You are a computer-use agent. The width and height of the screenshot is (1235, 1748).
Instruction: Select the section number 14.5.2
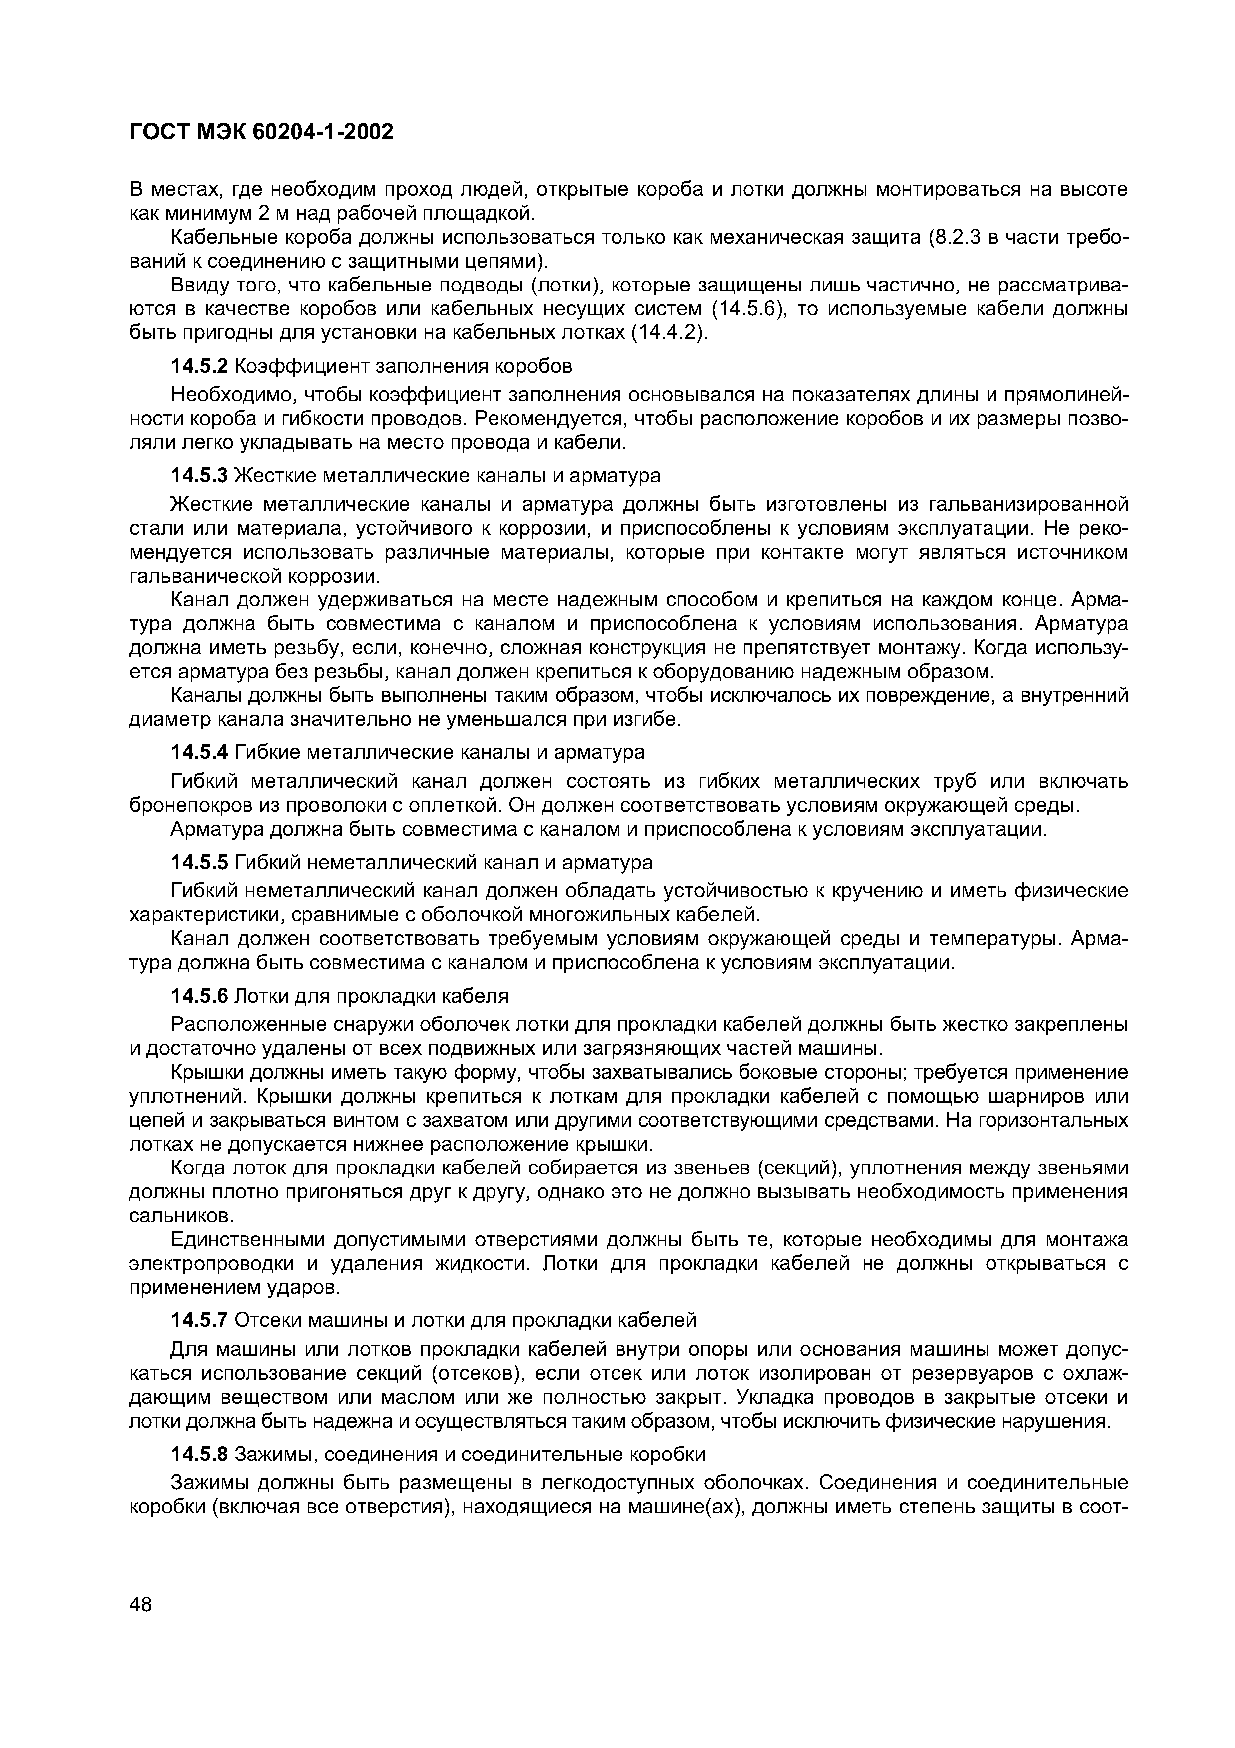199,366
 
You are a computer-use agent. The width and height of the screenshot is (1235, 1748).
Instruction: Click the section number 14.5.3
199,476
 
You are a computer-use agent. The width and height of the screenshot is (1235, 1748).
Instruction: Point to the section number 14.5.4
199,752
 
